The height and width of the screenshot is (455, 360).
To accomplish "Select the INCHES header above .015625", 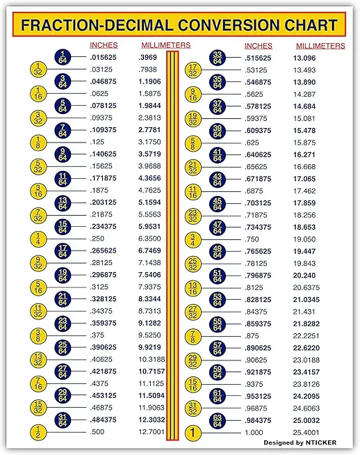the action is tap(104, 46).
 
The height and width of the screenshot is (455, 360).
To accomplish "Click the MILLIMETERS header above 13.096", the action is tap(318, 46).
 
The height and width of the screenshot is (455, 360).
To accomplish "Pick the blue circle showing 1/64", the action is tap(62, 57).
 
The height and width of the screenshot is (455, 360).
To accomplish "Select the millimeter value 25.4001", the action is tap(306, 431).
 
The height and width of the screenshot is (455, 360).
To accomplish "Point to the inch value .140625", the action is tap(104, 154).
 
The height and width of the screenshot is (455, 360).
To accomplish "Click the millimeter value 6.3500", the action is tap(149, 239).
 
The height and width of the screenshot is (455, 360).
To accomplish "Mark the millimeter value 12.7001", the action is tap(152, 431).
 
